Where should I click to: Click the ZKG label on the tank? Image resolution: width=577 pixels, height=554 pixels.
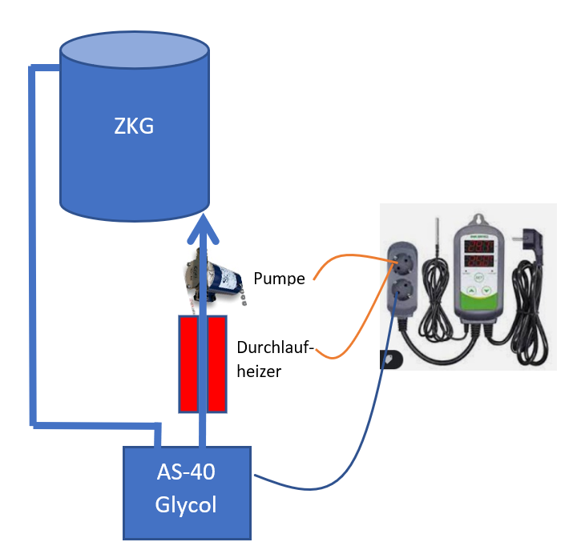[135, 126]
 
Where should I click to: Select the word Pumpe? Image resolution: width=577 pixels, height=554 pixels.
[279, 279]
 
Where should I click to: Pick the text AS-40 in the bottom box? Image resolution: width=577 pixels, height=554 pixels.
[186, 472]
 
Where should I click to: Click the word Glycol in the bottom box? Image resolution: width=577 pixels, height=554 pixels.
[186, 505]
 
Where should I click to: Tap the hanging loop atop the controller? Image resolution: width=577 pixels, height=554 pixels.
[478, 219]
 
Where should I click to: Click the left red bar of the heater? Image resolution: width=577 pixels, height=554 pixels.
[188, 364]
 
